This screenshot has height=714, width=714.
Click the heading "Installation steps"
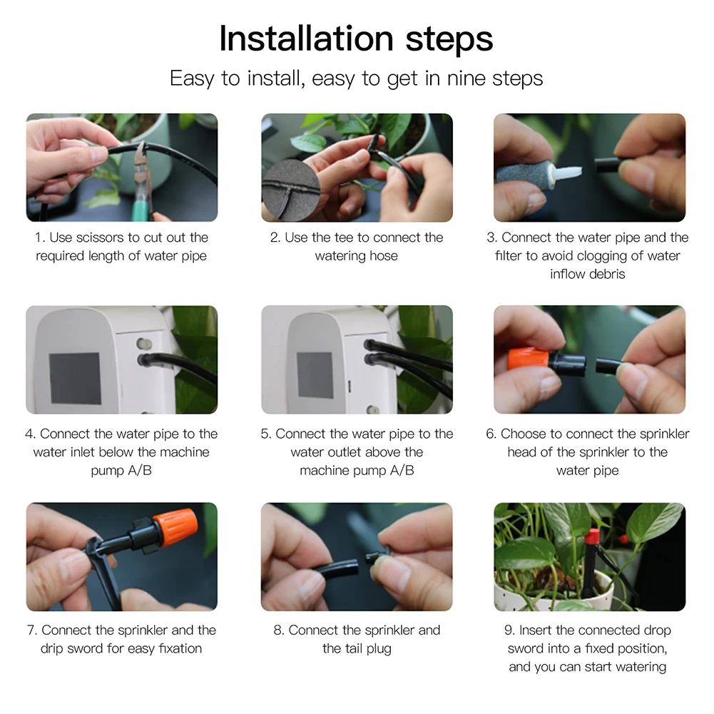pos(356,39)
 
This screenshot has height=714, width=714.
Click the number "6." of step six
pos(491,434)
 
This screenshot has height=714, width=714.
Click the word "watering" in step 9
pos(638,667)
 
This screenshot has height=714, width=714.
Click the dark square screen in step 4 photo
pos(74,378)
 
